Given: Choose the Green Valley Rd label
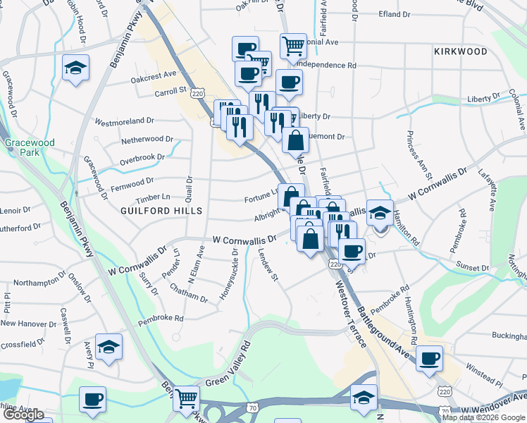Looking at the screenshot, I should click(228, 367).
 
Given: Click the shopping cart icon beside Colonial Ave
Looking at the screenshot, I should click(293, 47).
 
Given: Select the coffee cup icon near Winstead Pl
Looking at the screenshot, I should click(428, 358).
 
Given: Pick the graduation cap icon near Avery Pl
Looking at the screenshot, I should click(108, 347).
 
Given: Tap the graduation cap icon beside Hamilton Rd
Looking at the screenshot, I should click(380, 214).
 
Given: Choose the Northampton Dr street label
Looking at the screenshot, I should click(43, 283).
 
